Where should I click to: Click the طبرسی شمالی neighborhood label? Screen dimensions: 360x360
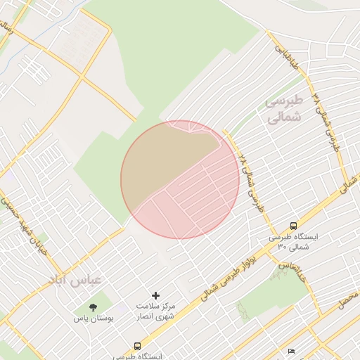[284, 109]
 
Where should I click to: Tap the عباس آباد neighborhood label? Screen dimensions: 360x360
[75, 280]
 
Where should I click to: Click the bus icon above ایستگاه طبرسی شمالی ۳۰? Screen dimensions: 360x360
[293, 226]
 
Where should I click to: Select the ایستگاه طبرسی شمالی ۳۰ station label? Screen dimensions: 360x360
[293, 242]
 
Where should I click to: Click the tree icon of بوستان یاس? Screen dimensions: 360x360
[93, 307]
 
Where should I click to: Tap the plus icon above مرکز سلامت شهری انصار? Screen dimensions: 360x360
[155, 296]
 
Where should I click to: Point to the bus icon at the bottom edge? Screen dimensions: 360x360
[137, 346]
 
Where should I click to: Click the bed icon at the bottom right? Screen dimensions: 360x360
[291, 351]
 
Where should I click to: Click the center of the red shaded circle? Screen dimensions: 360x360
[180, 179]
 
